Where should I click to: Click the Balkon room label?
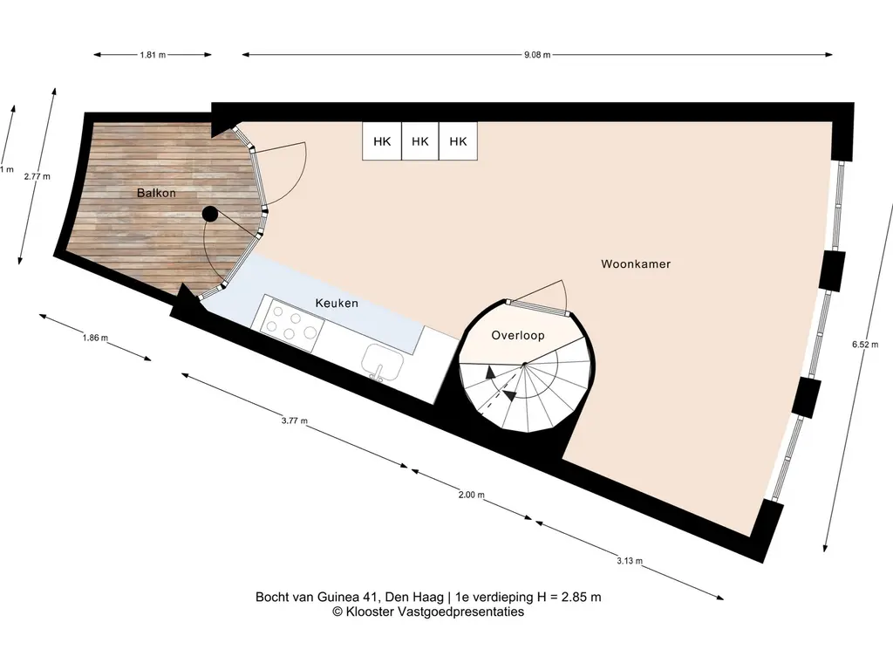[156, 193]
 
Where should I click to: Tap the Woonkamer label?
[636, 263]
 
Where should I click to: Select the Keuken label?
[337, 303]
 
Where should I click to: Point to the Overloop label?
[518, 336]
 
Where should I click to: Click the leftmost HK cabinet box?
[382, 141]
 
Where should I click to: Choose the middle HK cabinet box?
[420, 141]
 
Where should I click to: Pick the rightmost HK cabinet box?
[458, 141]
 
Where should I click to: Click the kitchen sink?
[382, 362]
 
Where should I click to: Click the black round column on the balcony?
[210, 214]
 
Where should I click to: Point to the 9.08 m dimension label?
[537, 55]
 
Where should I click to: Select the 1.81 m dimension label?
[153, 55]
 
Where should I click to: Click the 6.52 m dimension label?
[864, 344]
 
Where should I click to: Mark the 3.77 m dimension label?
[295, 421]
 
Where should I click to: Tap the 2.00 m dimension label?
[472, 495]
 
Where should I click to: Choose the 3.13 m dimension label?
[630, 561]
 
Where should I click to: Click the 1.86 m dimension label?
[95, 338]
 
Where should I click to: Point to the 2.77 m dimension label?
[37, 176]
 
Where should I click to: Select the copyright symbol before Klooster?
[337, 612]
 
